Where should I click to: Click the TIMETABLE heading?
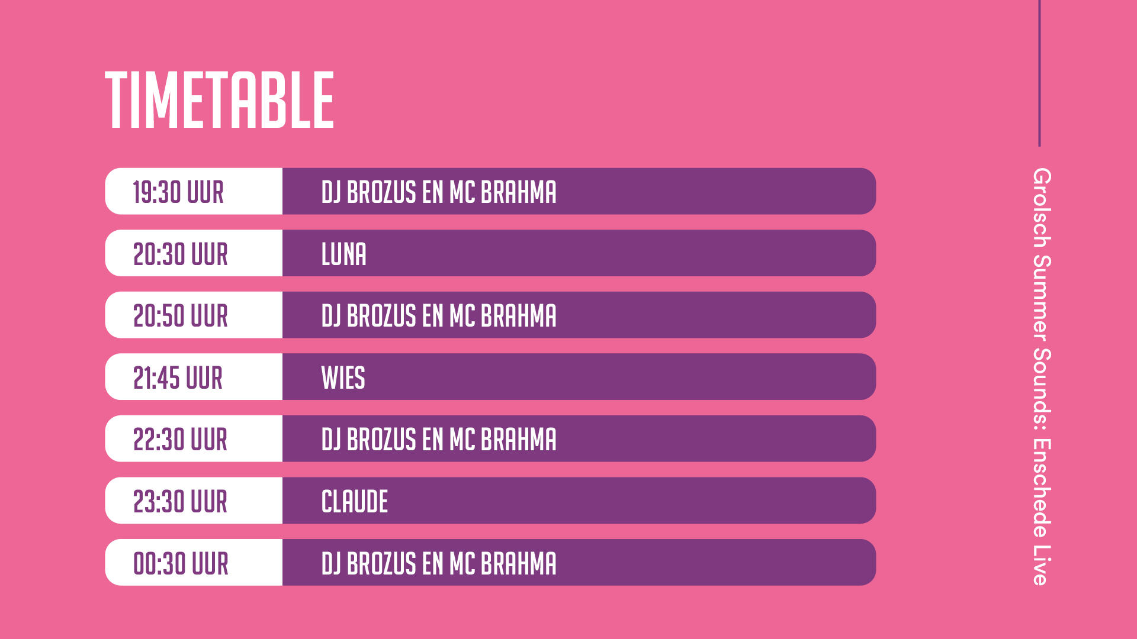click(x=220, y=99)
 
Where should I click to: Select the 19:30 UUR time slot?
click(x=178, y=192)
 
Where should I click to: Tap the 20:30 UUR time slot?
click(x=181, y=254)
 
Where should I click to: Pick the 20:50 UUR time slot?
click(x=181, y=316)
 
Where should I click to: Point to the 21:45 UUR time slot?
click(x=178, y=378)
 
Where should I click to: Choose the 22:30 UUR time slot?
click(x=181, y=440)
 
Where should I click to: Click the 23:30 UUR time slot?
click(x=181, y=502)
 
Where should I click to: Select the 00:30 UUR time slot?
click(x=181, y=563)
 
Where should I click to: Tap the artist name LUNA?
click(x=344, y=254)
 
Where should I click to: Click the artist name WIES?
click(x=343, y=378)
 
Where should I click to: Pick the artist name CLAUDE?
click(x=355, y=502)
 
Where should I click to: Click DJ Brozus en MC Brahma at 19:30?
click(x=439, y=192)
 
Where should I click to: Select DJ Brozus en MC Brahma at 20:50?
click(x=439, y=316)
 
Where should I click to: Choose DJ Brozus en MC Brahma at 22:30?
click(x=439, y=440)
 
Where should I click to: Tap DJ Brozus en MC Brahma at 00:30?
click(x=439, y=563)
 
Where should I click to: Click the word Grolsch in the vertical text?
click(x=1042, y=208)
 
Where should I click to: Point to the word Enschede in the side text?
click(x=1042, y=488)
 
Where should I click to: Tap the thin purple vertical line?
click(x=1039, y=73)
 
